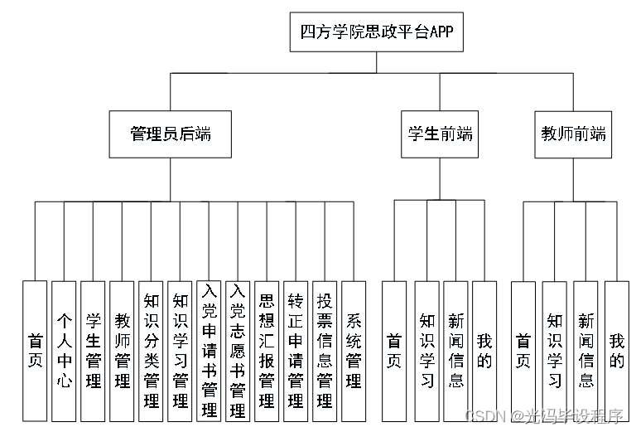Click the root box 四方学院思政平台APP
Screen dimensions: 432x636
pyautogui.click(x=376, y=34)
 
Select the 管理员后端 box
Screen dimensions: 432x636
pyautogui.click(x=170, y=133)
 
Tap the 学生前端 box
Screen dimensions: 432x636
pyautogui.click(x=441, y=133)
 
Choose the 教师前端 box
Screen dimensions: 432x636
pyautogui.click(x=573, y=133)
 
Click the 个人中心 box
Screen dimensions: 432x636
pyautogui.click(x=64, y=351)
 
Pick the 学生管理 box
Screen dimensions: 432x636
pyautogui.click(x=93, y=351)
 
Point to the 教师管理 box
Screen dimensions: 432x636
pyautogui.click(x=122, y=351)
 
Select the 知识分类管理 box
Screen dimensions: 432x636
pyautogui.click(x=151, y=351)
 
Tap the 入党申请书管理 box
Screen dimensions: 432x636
pyautogui.click(x=209, y=351)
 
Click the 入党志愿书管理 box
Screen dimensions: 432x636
pyautogui.click(x=238, y=351)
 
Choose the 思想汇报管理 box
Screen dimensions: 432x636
pyautogui.click(x=267, y=351)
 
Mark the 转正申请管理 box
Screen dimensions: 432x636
pyautogui.click(x=296, y=351)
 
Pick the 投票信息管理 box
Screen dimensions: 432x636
pyautogui.click(x=325, y=351)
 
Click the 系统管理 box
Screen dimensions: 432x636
pyautogui.click(x=354, y=351)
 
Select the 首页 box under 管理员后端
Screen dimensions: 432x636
pyautogui.click(x=35, y=351)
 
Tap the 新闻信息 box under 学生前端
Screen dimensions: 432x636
pyautogui.click(x=455, y=351)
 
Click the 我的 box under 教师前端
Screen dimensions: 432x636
pyautogui.click(x=616, y=351)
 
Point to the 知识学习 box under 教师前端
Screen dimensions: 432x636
pyautogui.click(x=554, y=351)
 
